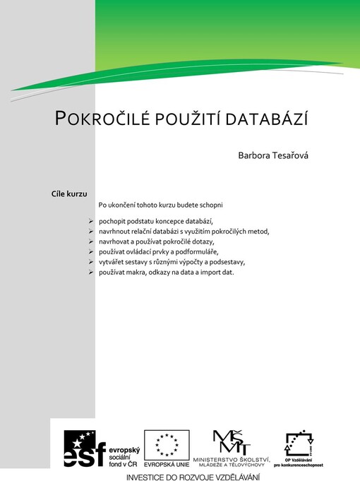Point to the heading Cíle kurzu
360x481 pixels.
(69, 192)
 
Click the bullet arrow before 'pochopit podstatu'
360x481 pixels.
(92, 221)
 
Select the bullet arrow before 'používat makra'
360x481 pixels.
(92, 271)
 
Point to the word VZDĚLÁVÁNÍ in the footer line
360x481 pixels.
(229, 477)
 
